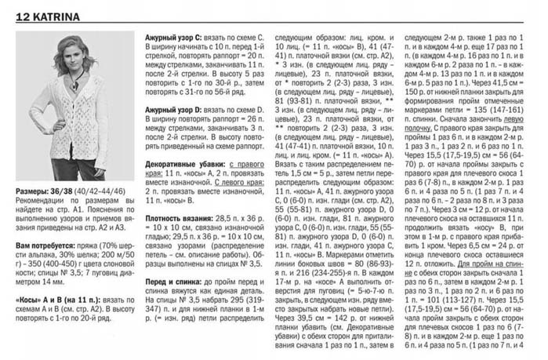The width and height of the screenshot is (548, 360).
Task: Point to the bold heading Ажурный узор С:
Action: [x=174, y=38]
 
